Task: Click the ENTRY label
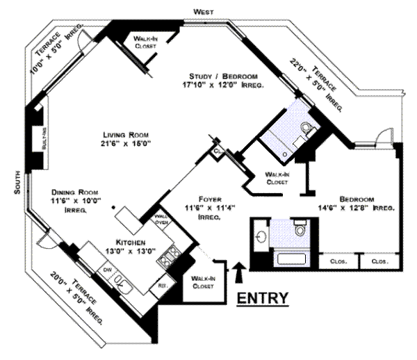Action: pyautogui.click(x=263, y=299)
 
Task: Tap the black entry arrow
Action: pyautogui.click(x=240, y=272)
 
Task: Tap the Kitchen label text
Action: pyautogui.click(x=131, y=247)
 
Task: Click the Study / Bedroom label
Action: pyautogui.click(x=224, y=80)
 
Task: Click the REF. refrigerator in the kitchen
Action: pyautogui.click(x=163, y=285)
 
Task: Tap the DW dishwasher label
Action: pyautogui.click(x=108, y=269)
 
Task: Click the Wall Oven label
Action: pyautogui.click(x=161, y=219)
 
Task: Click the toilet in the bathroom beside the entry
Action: pyautogui.click(x=300, y=228)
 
